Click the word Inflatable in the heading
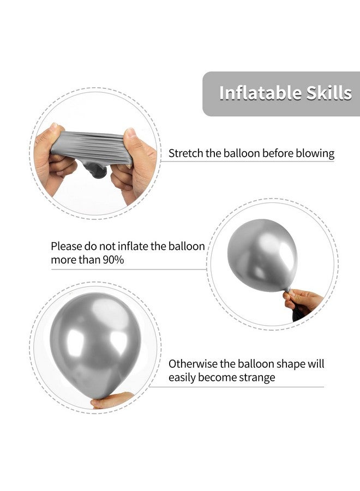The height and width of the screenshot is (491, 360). [251, 93]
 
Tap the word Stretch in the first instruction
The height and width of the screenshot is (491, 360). [186, 153]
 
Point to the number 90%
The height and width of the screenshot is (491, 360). [113, 260]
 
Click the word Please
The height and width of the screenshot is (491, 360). [67, 246]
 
